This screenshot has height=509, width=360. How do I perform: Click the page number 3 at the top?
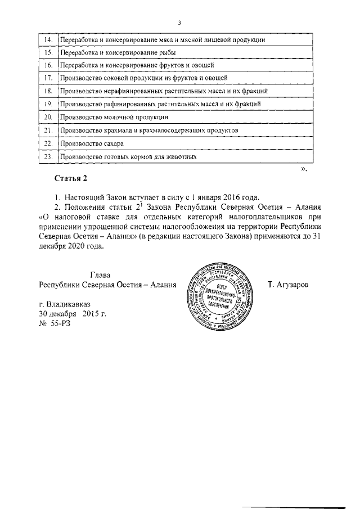click(179, 22)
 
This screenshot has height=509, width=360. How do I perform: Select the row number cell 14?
click(48, 40)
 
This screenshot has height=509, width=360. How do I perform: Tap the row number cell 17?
click(48, 78)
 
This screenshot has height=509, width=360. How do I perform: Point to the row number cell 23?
click(48, 157)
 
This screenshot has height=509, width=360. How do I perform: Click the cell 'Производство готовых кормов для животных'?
click(129, 157)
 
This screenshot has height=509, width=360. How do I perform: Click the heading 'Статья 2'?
click(71, 179)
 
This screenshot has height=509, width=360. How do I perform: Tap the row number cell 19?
click(48, 104)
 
